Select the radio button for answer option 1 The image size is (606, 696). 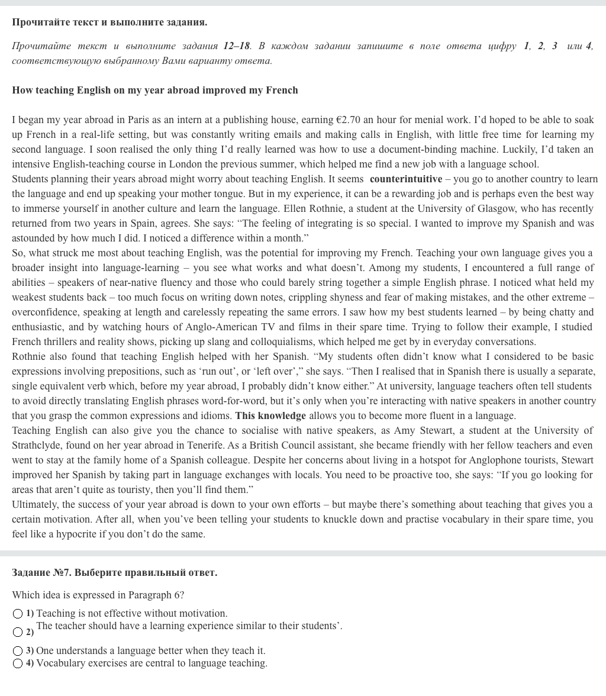click(18, 614)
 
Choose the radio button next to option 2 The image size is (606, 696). click(18, 632)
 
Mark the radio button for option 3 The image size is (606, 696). click(18, 651)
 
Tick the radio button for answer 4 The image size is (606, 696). click(18, 663)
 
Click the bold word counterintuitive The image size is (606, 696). click(406, 179)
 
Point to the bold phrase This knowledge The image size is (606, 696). click(270, 416)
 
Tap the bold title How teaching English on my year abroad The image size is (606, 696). click(154, 91)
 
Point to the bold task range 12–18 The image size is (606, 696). click(237, 46)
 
